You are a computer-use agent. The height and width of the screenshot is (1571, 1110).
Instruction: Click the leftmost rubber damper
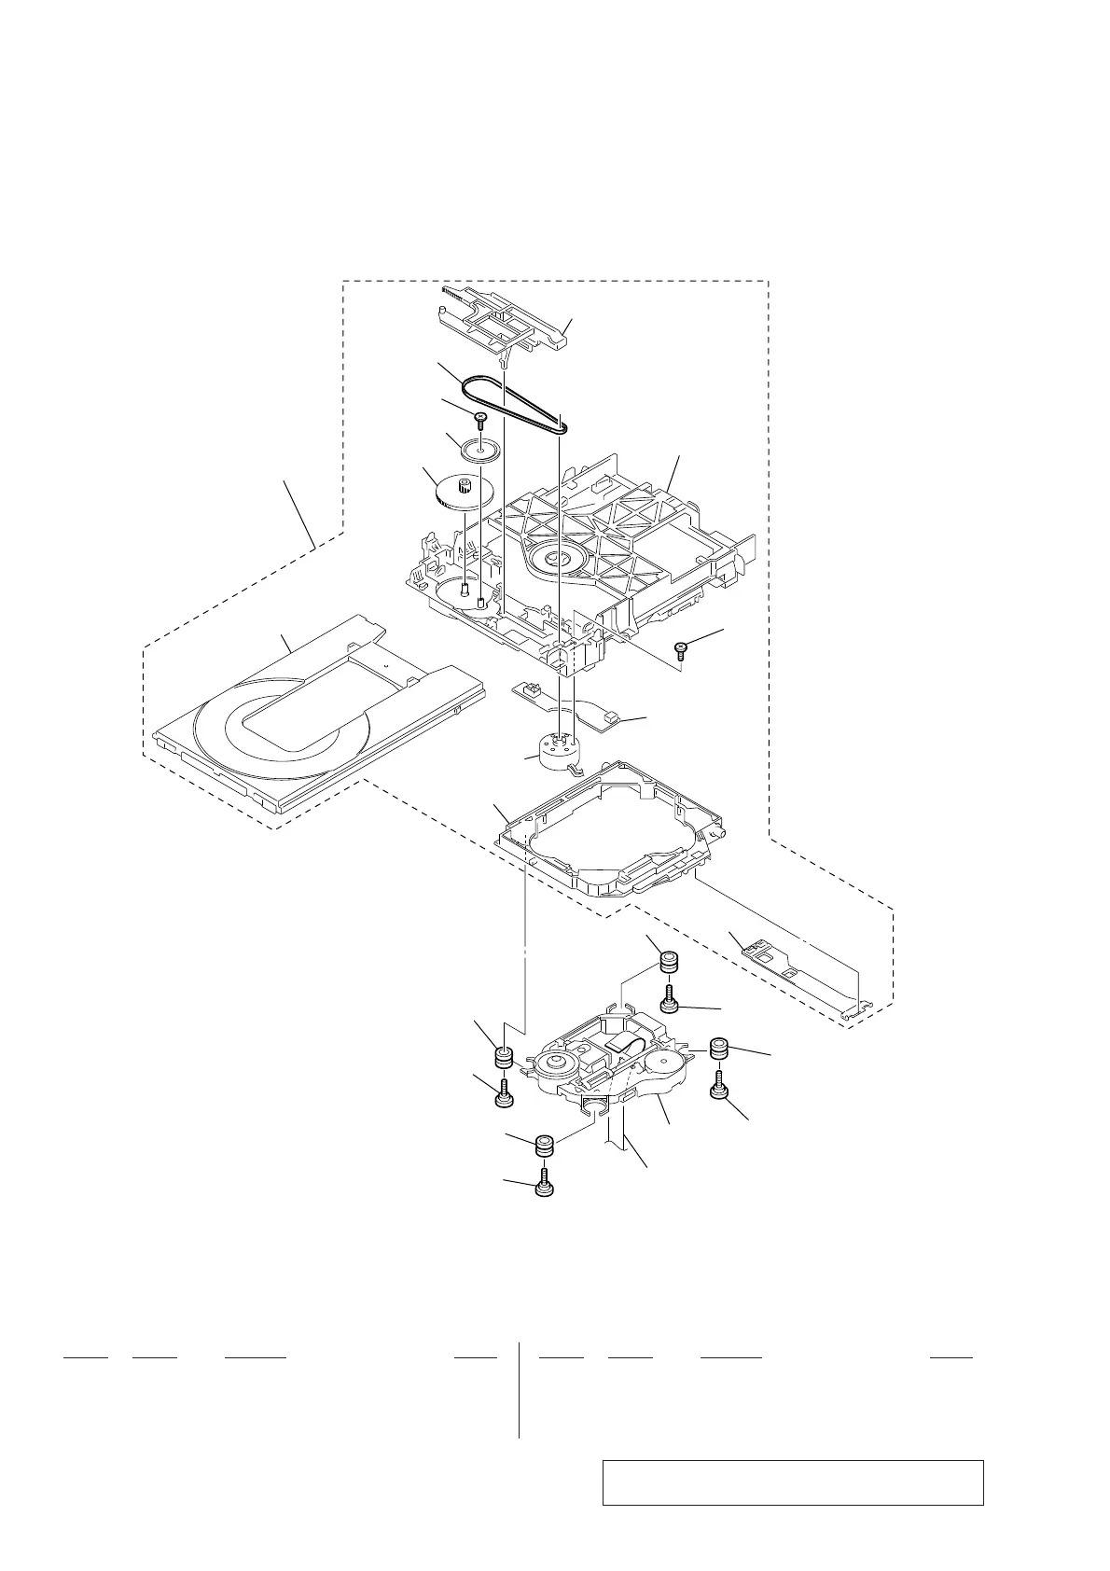point(504,1058)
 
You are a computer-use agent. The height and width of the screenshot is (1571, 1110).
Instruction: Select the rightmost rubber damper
point(720,1049)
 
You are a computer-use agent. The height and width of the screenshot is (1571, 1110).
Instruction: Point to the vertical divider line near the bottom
point(519,1390)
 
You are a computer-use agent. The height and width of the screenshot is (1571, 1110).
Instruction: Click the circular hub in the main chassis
point(556,561)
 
